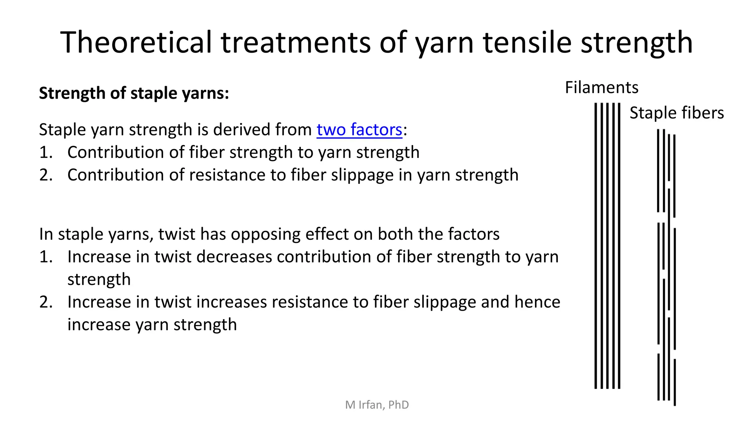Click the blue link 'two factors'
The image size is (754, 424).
[359, 130]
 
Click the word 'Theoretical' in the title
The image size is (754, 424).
[136, 42]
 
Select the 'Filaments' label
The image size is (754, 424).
[602, 88]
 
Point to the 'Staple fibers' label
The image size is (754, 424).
[676, 113]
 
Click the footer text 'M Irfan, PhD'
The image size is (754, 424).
[377, 405]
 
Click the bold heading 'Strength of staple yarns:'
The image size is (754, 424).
[134, 93]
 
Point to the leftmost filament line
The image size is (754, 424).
[596, 245]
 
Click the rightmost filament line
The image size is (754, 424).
[619, 245]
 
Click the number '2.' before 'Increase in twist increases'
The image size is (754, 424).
[46, 302]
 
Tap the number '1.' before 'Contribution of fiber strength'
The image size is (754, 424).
[46, 153]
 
